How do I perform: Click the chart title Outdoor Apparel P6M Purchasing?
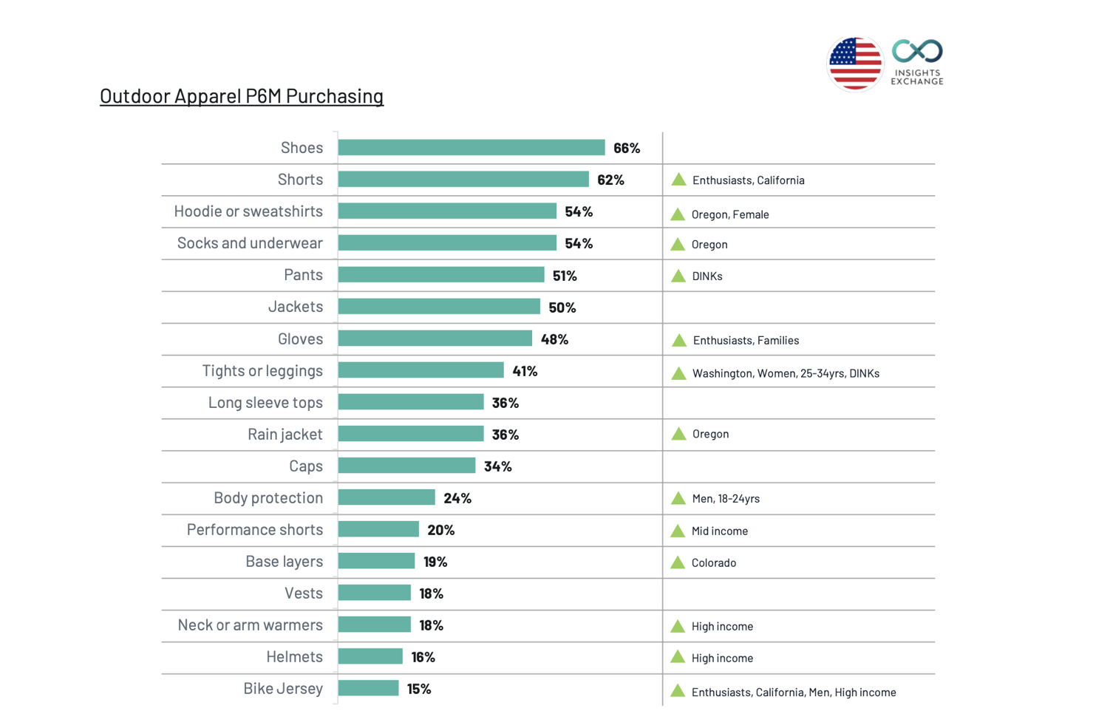pos(242,96)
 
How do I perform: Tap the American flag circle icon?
pos(855,64)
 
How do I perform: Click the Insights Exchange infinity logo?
pos(917,52)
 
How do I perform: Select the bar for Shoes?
pos(471,148)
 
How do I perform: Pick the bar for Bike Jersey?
pos(368,689)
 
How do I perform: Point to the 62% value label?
pos(610,180)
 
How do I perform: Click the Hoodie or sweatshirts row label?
pos(248,211)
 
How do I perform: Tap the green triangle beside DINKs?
pos(678,276)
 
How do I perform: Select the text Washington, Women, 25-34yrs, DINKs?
pos(786,373)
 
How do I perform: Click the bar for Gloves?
pos(435,339)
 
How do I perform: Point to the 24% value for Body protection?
pos(457,498)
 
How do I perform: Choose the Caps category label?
pos(306,466)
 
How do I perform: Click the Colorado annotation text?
pos(714,562)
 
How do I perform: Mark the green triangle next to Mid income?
pos(678,531)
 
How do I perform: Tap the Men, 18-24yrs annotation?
pos(726,498)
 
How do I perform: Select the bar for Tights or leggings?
pos(420,370)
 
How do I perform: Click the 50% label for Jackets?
pos(562,307)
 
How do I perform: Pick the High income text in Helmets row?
pos(722,658)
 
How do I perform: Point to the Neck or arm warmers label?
pos(250,625)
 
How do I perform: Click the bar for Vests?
pos(374,593)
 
